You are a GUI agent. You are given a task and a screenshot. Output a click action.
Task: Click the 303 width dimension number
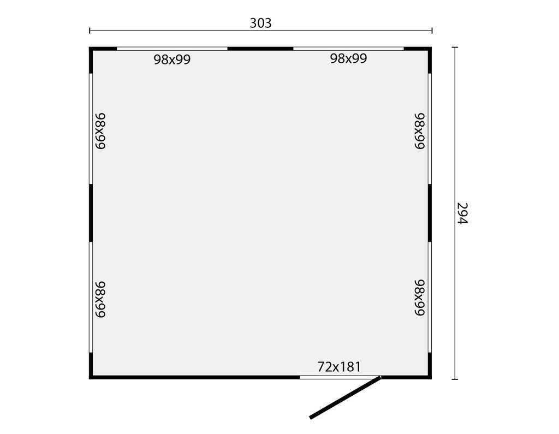coord(260,23)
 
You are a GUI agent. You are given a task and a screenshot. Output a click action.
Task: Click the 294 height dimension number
coord(462,213)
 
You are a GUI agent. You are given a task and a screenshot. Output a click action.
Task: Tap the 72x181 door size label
coord(339,367)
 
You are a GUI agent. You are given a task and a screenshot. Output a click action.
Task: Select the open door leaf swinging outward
coord(345,397)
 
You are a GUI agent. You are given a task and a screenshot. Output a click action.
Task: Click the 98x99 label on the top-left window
coord(172,60)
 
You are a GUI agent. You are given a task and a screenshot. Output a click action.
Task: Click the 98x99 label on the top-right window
coord(348,58)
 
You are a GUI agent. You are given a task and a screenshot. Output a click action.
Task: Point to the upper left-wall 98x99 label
coord(100,131)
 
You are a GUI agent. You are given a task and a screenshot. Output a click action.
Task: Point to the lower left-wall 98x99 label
coord(100,299)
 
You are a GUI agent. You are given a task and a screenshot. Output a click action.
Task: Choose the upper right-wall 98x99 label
coord(420,131)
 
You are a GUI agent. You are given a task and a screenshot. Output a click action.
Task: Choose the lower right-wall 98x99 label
coord(420,298)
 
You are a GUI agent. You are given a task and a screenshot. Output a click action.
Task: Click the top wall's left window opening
coord(172,49)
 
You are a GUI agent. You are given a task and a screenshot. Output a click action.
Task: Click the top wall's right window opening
coord(348,49)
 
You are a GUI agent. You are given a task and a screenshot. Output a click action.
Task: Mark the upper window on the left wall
coord(91,129)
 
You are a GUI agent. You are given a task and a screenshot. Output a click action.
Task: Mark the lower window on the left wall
coord(91,297)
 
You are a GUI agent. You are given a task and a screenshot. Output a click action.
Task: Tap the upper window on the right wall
coord(430,129)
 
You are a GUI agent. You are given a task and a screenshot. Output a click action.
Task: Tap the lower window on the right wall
coord(430,297)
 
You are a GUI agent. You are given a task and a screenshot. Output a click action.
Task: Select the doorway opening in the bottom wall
coord(340,377)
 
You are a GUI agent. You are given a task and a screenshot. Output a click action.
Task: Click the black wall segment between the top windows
coord(260,49)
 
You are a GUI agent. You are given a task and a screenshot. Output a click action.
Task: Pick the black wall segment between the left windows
coord(91,213)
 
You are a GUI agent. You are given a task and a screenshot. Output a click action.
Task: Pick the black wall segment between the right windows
coord(430,213)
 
